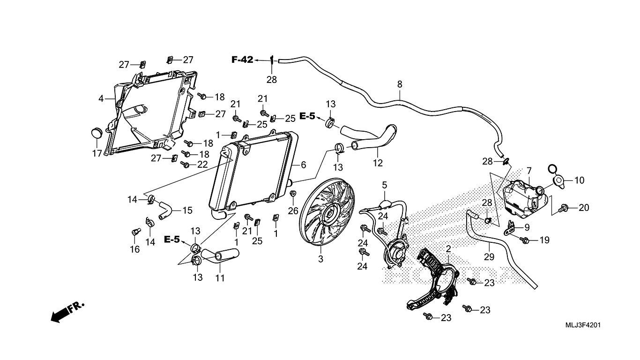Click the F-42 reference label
coord(242,60)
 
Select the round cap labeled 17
coord(96,133)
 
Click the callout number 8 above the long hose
coord(399,85)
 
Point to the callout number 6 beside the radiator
coord(303,165)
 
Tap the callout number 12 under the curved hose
coord(378,163)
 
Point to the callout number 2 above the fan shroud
coord(448,249)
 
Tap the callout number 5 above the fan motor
coord(384,185)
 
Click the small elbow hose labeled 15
coord(165,209)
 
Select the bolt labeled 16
coord(135,232)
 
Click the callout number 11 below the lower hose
coord(220,278)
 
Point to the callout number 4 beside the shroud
coord(101,99)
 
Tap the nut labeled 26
coord(293,194)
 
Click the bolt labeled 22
coord(185,165)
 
